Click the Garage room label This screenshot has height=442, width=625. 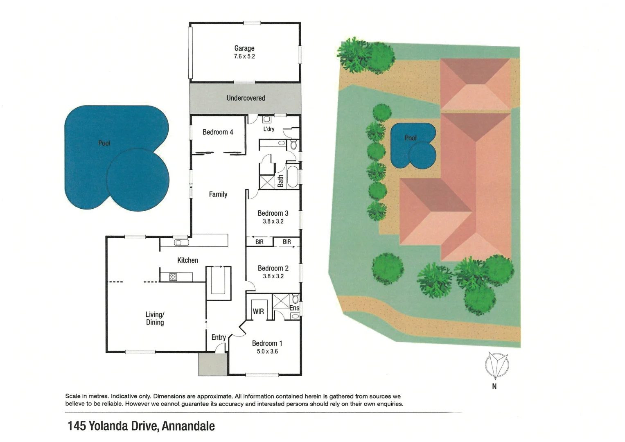pyautogui.click(x=244, y=48)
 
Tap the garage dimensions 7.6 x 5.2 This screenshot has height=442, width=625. pyautogui.click(x=244, y=56)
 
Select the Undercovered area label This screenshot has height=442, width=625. pyautogui.click(x=246, y=98)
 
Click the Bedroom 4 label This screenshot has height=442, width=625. pyautogui.click(x=218, y=132)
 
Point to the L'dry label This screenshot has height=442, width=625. pyautogui.click(x=269, y=129)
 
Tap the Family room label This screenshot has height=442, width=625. pyautogui.click(x=218, y=194)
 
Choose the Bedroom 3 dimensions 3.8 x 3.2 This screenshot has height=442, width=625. pyautogui.click(x=273, y=221)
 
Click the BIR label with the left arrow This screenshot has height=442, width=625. pyautogui.click(x=259, y=242)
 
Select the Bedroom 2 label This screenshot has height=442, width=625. pyautogui.click(x=273, y=268)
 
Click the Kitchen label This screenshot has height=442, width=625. pyautogui.click(x=187, y=260)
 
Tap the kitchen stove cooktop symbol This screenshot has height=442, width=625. pyautogui.click(x=173, y=277)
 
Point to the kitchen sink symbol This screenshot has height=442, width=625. pyautogui.click(x=181, y=243)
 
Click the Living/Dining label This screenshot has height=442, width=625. pyautogui.click(x=155, y=318)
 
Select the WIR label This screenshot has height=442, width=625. pyautogui.click(x=258, y=311)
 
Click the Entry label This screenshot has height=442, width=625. pyautogui.click(x=219, y=337)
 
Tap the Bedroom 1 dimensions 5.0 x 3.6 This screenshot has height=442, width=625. pyautogui.click(x=267, y=352)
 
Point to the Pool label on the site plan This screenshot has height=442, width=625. pyautogui.click(x=410, y=138)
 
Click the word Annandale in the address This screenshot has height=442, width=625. pyautogui.click(x=188, y=426)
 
